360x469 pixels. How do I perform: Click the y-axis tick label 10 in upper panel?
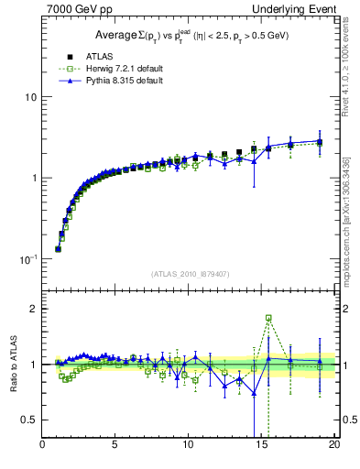click(30, 97)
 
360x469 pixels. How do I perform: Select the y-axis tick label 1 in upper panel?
click(33, 178)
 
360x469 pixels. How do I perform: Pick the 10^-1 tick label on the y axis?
click(27, 259)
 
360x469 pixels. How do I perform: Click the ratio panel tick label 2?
click(33, 309)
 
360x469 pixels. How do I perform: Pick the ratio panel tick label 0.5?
click(29, 420)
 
